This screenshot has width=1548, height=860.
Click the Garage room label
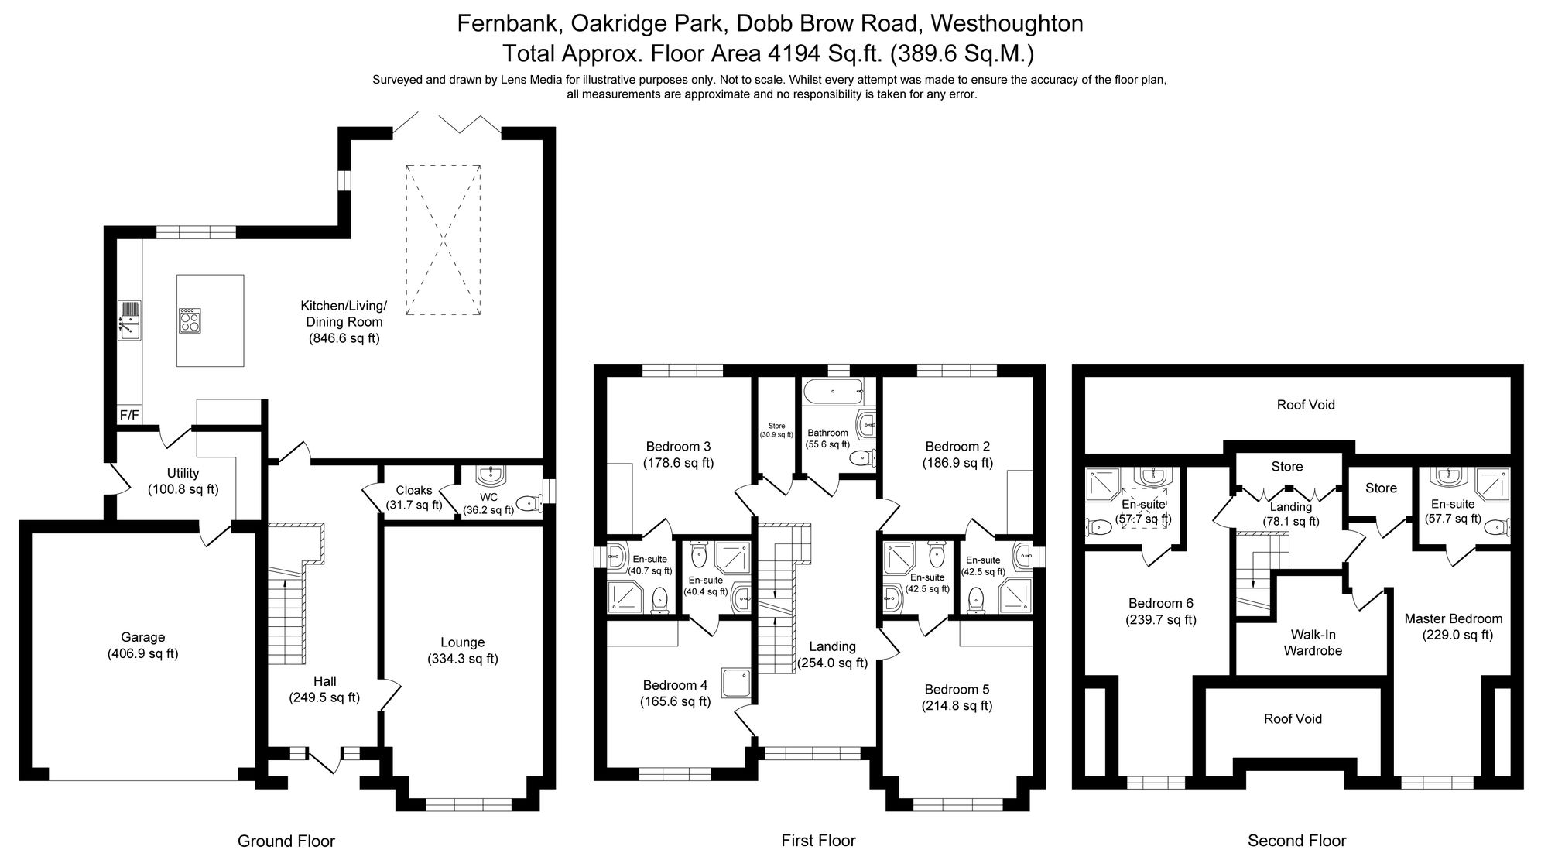(x=142, y=637)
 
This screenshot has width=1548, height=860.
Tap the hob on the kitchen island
(x=190, y=320)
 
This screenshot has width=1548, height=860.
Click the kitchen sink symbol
(x=129, y=320)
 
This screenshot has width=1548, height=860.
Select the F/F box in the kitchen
(x=129, y=416)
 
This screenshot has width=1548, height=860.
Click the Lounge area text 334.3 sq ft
(x=462, y=659)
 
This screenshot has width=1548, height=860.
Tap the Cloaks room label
(x=414, y=490)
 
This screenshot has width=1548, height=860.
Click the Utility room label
(x=183, y=473)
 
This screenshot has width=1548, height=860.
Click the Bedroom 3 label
(x=678, y=447)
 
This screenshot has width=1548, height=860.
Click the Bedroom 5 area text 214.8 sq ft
(x=957, y=705)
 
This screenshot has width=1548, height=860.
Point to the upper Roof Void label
(x=1306, y=405)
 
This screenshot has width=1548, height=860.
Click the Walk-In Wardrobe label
(x=1313, y=642)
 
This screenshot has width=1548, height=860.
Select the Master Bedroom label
(x=1453, y=618)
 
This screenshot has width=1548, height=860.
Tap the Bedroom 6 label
(x=1160, y=604)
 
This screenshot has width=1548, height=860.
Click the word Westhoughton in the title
(x=1006, y=24)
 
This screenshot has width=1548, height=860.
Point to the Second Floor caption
(x=1296, y=841)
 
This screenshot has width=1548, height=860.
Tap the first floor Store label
(x=776, y=426)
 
